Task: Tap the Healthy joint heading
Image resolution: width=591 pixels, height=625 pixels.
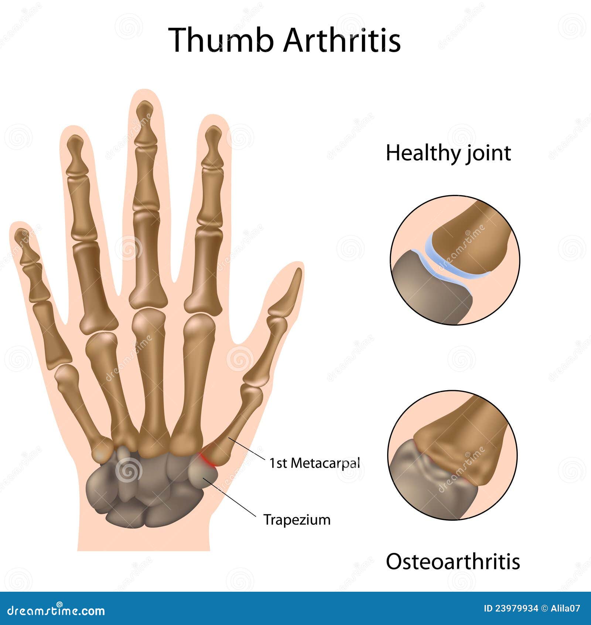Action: pyautogui.click(x=448, y=153)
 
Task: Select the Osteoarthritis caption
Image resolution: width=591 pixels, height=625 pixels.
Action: pyautogui.click(x=453, y=561)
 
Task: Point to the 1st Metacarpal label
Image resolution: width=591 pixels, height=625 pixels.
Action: pyautogui.click(x=314, y=463)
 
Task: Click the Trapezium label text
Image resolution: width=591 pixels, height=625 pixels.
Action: pyautogui.click(x=297, y=520)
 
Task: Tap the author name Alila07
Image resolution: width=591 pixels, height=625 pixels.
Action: pyautogui.click(x=566, y=608)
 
